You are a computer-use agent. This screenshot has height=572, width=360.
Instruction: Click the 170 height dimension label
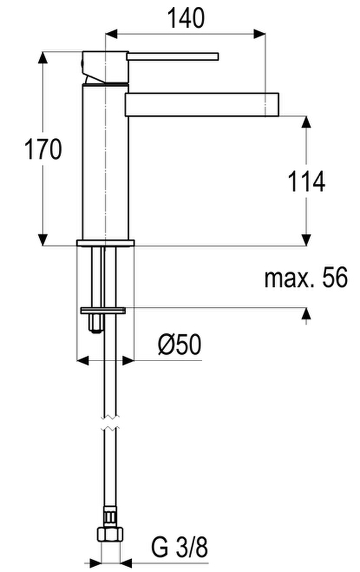click(x=43, y=149)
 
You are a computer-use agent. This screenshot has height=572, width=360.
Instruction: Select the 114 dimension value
click(x=307, y=182)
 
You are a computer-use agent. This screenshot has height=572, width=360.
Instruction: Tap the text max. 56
click(x=306, y=278)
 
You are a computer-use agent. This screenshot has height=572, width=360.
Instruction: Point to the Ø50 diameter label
click(x=179, y=344)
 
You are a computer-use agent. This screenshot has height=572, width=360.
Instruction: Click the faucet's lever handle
click(x=173, y=57)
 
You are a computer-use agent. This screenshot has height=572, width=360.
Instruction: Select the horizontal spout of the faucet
click(x=202, y=105)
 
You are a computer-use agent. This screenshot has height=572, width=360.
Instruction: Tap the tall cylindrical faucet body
click(x=105, y=162)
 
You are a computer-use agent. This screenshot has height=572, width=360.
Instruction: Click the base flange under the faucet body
click(x=105, y=243)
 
